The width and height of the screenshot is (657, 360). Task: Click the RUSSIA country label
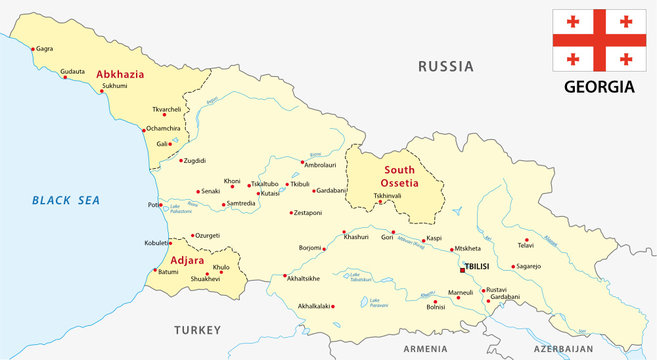tap(445, 67)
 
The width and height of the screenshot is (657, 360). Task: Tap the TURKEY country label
tap(196, 329)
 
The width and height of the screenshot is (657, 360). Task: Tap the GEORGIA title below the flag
tap(599, 86)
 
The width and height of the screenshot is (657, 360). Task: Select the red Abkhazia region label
tap(121, 74)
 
